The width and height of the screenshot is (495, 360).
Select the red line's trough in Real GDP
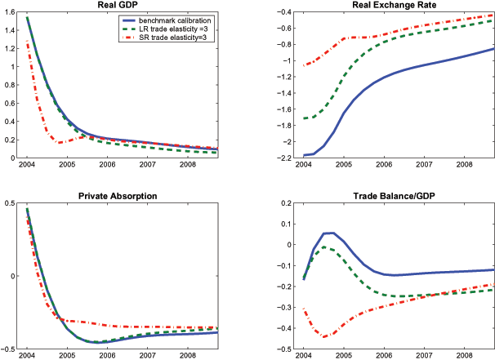tap(60, 143)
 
